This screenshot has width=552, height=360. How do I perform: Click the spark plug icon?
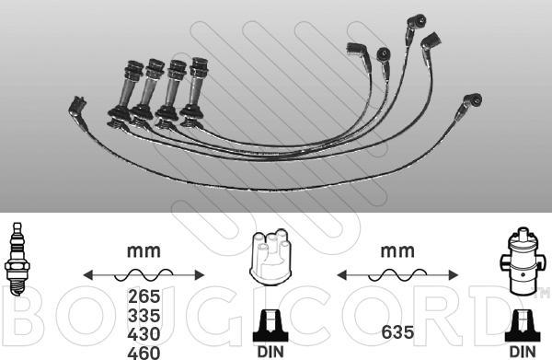tap(17, 259)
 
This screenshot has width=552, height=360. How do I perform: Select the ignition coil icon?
tap(522, 261)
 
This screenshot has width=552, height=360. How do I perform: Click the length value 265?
tap(144, 296)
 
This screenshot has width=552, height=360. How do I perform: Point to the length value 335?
tap(144, 315)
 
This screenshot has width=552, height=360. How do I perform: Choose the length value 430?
tap(144, 334)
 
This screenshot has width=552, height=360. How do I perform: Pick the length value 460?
tap(144, 353)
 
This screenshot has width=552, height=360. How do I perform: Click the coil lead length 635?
tap(397, 331)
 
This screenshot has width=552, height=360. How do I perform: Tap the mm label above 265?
tap(144, 251)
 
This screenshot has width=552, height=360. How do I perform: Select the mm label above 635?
tap(397, 251)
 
